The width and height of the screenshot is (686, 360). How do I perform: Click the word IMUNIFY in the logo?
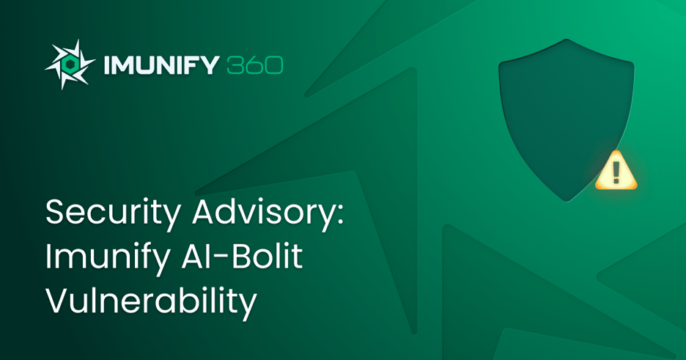(x=161, y=65)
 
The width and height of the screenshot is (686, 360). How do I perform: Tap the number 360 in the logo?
(x=255, y=65)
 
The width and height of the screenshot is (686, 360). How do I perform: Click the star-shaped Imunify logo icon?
(x=70, y=65)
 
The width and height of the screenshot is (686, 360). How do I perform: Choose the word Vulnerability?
(x=150, y=301)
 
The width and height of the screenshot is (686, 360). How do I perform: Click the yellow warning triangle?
(x=616, y=171)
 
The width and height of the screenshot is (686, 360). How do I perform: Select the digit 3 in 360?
(x=235, y=65)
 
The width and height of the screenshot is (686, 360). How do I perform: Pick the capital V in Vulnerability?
(x=56, y=301)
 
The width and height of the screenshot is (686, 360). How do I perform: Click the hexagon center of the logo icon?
(x=70, y=65)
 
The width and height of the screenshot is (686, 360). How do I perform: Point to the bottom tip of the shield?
(x=565, y=200)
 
